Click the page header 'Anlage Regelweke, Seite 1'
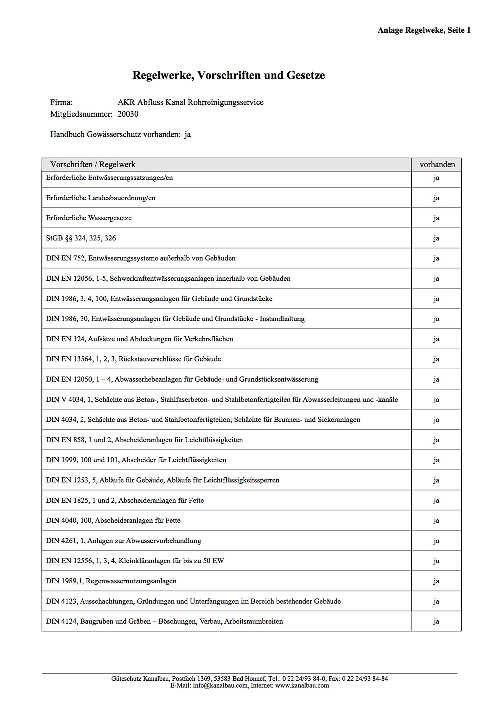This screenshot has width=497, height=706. (424, 30)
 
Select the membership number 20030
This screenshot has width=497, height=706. (128, 114)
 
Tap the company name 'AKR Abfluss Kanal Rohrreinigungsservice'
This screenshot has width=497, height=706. (190, 102)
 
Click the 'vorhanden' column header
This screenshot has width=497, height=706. (437, 165)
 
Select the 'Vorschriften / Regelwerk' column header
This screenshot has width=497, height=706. (93, 165)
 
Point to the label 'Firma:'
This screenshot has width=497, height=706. (61, 102)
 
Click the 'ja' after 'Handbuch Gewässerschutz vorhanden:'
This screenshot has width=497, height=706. (187, 134)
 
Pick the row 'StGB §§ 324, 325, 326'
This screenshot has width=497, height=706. (81, 238)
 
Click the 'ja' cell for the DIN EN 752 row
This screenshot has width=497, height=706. (436, 258)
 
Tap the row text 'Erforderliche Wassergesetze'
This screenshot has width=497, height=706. (89, 218)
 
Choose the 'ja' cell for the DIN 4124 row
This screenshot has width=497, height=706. (436, 621)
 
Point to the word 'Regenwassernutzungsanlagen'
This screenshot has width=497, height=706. (131, 581)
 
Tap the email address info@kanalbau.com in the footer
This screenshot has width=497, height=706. (220, 685)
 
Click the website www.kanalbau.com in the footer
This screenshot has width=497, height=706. (302, 685)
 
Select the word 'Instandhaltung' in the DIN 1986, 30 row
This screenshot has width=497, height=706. (282, 319)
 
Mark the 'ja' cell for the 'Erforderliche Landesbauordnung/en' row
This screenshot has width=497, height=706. (436, 198)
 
